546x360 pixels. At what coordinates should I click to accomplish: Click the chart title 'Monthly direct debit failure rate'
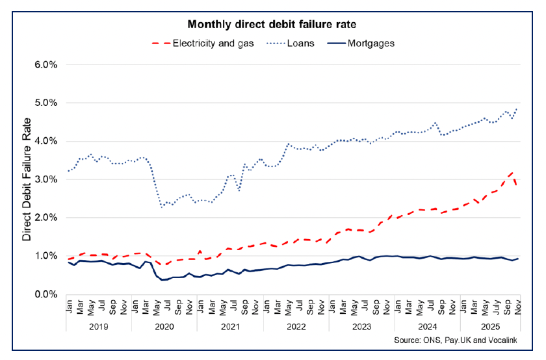point(272,25)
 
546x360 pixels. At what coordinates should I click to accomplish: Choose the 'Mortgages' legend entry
point(372,44)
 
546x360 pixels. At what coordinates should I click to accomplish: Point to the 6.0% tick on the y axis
point(46,65)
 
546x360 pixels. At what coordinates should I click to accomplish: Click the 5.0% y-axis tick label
point(46,103)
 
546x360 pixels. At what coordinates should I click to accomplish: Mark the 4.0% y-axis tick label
point(46,141)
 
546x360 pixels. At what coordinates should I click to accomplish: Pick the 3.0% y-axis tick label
point(46,179)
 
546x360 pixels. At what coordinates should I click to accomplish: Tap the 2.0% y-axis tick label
point(46,218)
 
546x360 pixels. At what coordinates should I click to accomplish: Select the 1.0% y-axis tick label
point(46,256)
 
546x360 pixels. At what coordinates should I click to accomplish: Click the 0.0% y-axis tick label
point(46,294)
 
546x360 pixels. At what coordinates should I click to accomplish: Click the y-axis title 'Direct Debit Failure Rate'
point(27,180)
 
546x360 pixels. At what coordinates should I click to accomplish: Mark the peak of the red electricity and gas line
point(513,172)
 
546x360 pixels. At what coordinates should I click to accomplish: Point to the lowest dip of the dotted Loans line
point(162,207)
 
